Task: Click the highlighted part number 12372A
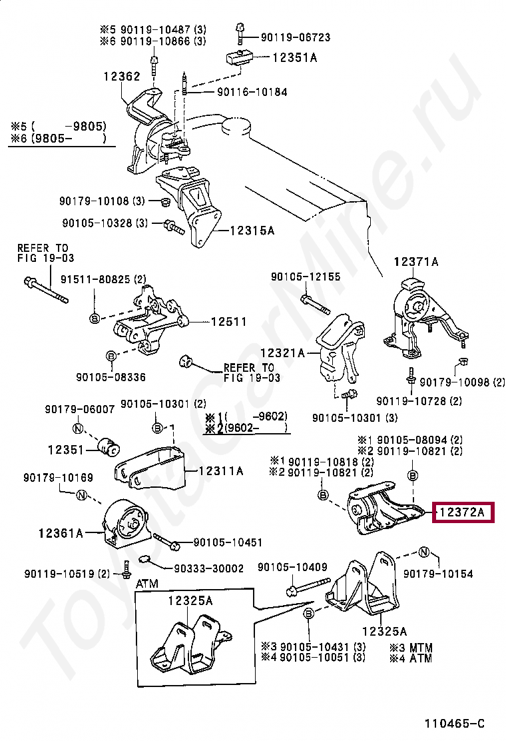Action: click(x=463, y=512)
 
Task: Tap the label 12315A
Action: click(x=252, y=231)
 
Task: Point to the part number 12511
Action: click(x=228, y=322)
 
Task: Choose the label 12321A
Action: click(x=282, y=353)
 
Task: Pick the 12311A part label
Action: click(x=222, y=471)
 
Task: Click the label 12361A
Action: click(x=60, y=532)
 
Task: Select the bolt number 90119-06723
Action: click(x=295, y=38)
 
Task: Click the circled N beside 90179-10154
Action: click(x=423, y=552)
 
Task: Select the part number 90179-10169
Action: click(x=58, y=478)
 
